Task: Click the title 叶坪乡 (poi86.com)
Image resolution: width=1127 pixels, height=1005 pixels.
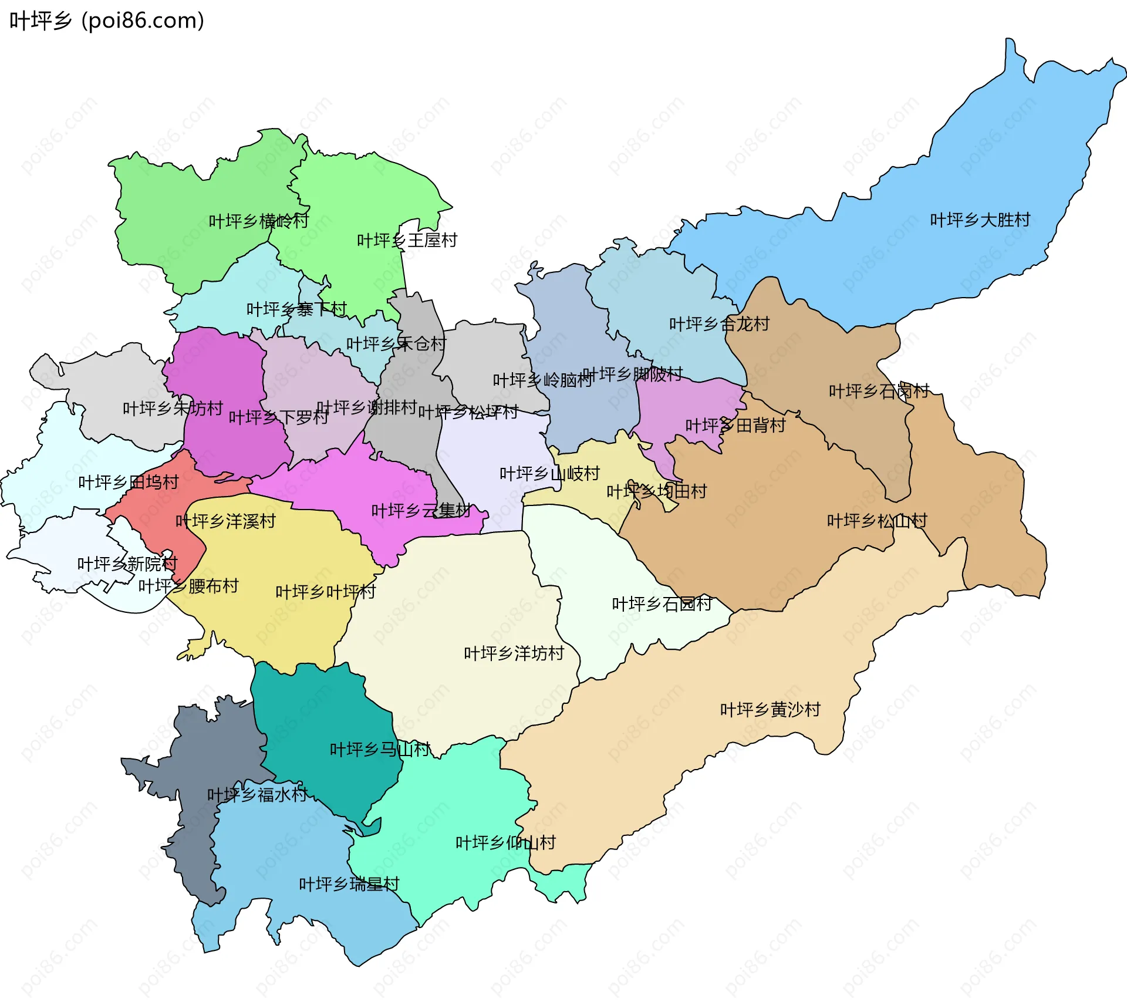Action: tap(107, 21)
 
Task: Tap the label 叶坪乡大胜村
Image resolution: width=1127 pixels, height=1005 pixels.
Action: tap(980, 220)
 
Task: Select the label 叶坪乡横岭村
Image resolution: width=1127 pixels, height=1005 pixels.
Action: tap(258, 221)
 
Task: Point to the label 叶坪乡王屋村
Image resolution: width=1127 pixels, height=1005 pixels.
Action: tap(407, 241)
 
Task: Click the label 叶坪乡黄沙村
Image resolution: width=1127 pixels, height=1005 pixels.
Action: tap(770, 710)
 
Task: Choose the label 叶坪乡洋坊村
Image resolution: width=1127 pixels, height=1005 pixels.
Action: tap(514, 653)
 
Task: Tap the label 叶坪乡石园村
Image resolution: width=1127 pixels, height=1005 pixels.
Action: tap(662, 604)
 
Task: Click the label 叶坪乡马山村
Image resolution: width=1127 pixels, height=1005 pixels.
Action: tap(380, 750)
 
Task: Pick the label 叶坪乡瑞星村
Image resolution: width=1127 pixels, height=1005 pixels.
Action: tap(349, 884)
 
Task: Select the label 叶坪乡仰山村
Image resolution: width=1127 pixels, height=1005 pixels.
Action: tap(505, 843)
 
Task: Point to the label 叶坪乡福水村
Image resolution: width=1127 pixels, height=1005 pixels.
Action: tap(257, 795)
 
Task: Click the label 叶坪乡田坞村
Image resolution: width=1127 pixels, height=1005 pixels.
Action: tap(128, 483)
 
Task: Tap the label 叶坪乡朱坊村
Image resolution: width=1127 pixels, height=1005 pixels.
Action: tap(173, 409)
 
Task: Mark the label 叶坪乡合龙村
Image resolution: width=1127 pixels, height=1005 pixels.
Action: tap(719, 324)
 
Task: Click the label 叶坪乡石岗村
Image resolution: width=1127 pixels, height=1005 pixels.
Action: tap(879, 391)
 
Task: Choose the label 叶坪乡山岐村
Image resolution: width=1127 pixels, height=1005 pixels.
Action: tap(549, 474)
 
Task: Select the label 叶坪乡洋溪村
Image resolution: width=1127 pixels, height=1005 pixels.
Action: tap(225, 521)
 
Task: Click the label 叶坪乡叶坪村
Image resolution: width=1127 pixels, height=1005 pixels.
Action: tap(325, 592)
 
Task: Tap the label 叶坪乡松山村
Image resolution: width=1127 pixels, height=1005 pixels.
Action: tap(877, 521)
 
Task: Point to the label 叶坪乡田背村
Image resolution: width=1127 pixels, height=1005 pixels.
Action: tap(735, 426)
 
